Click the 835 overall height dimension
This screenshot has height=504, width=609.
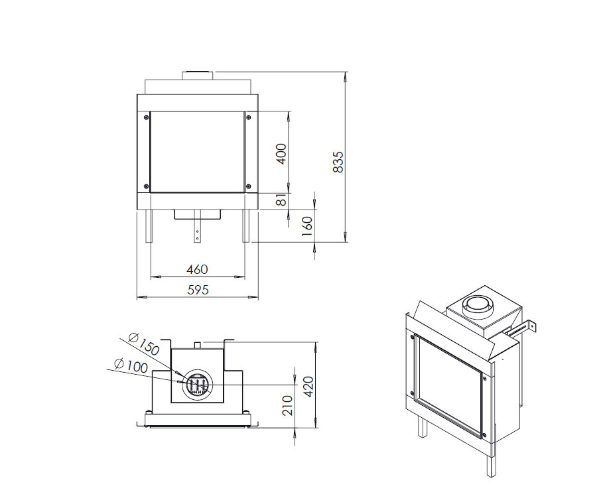pyautogui.click(x=338, y=162)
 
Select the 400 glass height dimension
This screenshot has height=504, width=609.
pyautogui.click(x=281, y=154)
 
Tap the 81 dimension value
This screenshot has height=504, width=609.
pyautogui.click(x=281, y=200)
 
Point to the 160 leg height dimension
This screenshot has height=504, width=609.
pyautogui.click(x=307, y=226)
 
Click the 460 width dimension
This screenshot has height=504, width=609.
pyautogui.click(x=197, y=269)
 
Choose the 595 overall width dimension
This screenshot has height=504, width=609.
pyautogui.click(x=198, y=290)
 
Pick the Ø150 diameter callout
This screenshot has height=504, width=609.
pyautogui.click(x=144, y=344)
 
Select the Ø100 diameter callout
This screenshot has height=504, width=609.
pyautogui.click(x=131, y=365)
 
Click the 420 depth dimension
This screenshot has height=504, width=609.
pyautogui.click(x=308, y=387)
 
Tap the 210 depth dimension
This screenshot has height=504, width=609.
pyautogui.click(x=287, y=405)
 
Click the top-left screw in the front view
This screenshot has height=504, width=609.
pyautogui.click(x=147, y=117)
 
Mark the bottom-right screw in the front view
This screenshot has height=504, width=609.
pyautogui.click(x=249, y=187)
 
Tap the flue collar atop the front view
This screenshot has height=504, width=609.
pyautogui.click(x=198, y=76)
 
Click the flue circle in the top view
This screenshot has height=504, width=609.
pyautogui.click(x=198, y=385)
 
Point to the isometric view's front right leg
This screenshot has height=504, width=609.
pyautogui.click(x=490, y=465)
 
